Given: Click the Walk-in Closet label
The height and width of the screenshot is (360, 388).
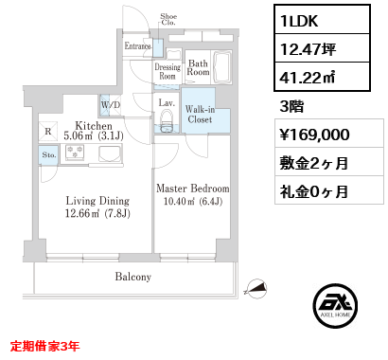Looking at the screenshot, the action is (200, 115).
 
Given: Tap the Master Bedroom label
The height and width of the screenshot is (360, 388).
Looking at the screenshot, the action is (193, 189).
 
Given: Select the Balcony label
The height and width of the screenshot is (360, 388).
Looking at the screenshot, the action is (133, 277).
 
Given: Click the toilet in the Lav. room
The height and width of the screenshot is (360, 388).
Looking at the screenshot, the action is (167, 120).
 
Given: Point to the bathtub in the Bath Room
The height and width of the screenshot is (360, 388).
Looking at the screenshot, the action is (222, 67).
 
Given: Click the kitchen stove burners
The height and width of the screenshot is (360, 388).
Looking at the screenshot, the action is (75, 151).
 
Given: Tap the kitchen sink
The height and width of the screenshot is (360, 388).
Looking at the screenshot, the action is (110, 153).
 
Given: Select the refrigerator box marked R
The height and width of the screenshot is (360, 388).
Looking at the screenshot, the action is (48, 131).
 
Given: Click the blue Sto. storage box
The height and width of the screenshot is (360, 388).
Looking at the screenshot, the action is (48, 154).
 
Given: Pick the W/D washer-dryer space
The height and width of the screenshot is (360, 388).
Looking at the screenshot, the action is (111, 105).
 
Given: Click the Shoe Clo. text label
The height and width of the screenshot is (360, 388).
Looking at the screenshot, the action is (168, 19).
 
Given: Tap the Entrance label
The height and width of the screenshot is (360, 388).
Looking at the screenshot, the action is (137, 46).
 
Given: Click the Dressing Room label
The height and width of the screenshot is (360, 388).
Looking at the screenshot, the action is (168, 71).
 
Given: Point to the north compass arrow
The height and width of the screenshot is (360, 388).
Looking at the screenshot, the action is (256, 288).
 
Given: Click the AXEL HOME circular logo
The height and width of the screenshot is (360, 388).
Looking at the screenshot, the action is (335, 306).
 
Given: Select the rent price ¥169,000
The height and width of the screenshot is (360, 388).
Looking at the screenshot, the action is (315, 135).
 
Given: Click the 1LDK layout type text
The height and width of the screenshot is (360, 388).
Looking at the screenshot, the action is (299, 21).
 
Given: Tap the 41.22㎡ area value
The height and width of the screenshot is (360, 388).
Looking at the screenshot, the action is (308, 77).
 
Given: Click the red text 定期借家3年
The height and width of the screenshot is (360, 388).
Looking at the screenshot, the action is (44, 346).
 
